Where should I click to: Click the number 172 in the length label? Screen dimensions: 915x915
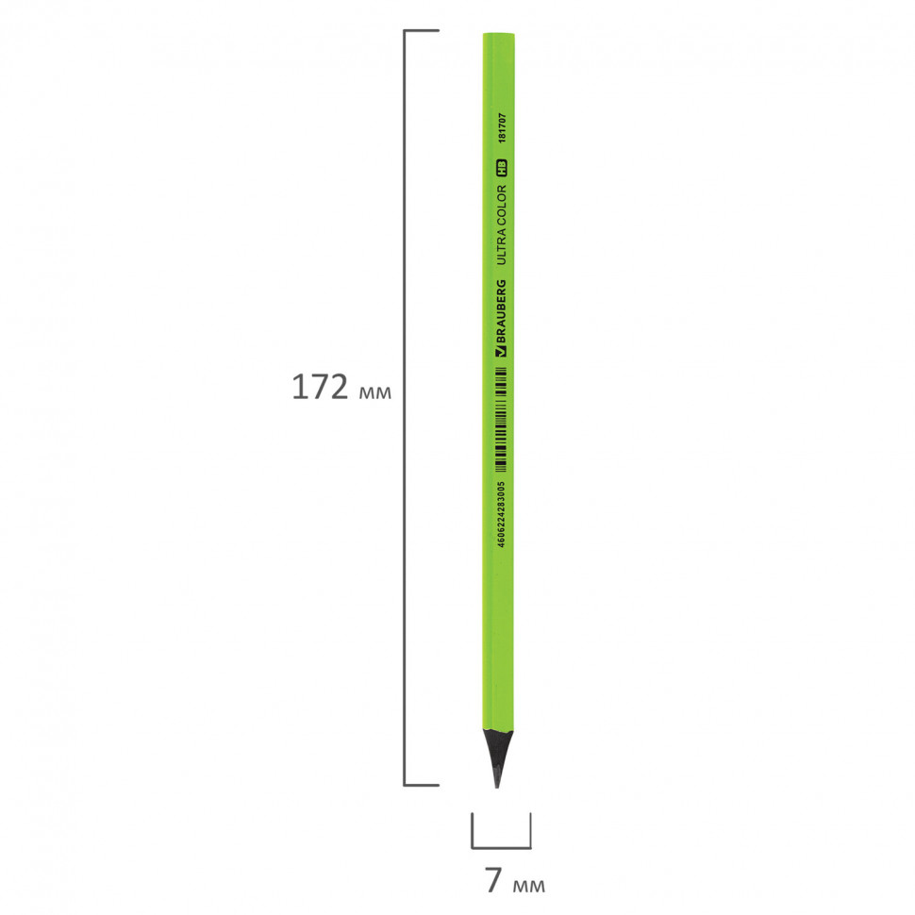point(319,387)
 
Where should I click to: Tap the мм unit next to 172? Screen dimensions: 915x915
point(375,392)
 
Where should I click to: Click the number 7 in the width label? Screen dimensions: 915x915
point(493,881)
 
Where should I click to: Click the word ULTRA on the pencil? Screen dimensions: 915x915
point(501,247)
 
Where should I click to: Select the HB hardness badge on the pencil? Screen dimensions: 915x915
point(501,168)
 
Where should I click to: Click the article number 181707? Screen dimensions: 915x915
point(502,128)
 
